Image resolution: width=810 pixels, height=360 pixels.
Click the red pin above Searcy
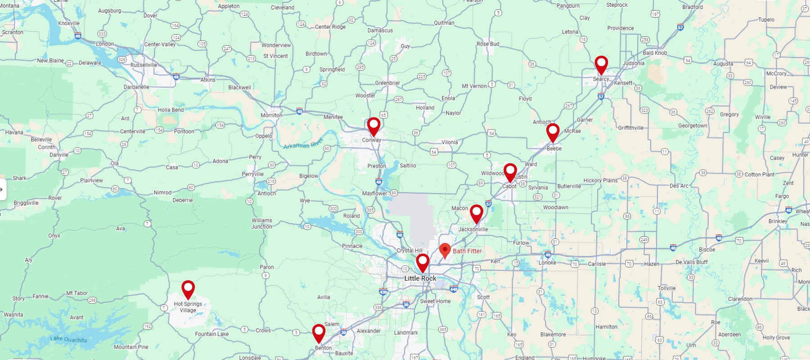point(601,64)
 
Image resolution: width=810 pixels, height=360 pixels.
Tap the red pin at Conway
point(373,126)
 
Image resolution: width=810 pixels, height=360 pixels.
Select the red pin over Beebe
point(553,132)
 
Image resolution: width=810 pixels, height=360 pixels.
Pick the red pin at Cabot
point(510,171)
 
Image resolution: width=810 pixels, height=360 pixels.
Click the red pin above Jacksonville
point(477,213)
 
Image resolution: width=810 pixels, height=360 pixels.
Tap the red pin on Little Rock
point(423,262)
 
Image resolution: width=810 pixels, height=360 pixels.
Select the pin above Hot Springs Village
point(188,289)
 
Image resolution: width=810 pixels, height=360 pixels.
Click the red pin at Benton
point(319,333)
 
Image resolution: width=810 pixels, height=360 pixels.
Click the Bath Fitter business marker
point(445,250)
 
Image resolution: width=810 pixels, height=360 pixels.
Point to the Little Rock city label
point(420,279)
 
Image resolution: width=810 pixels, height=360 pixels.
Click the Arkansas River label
point(303,144)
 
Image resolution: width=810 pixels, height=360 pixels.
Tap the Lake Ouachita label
point(68,339)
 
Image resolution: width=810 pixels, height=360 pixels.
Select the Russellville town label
point(144,65)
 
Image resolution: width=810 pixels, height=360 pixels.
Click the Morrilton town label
point(271,115)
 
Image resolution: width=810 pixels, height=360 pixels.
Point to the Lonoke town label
point(547,263)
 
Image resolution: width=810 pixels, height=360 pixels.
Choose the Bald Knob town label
point(655,53)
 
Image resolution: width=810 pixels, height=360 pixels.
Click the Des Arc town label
point(679,186)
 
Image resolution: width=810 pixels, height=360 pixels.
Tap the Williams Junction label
point(261,224)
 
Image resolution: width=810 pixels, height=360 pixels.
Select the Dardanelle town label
point(136,87)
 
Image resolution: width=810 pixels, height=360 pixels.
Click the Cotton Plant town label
point(759,175)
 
